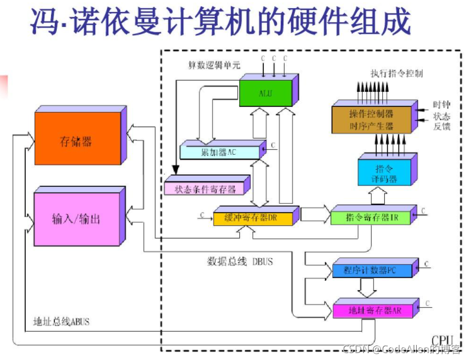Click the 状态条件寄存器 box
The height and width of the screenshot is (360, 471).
pos(203,187)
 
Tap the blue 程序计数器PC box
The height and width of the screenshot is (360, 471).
pos(370,271)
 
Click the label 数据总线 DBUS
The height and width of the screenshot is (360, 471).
pos(240,261)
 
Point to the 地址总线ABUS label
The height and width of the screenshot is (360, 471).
pos(62,322)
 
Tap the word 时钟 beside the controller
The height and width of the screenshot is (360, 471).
pos(441,104)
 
